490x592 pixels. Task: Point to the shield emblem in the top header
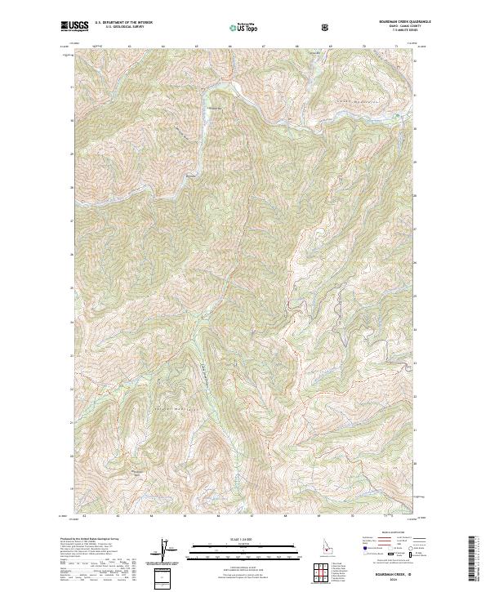click(x=326, y=27)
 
